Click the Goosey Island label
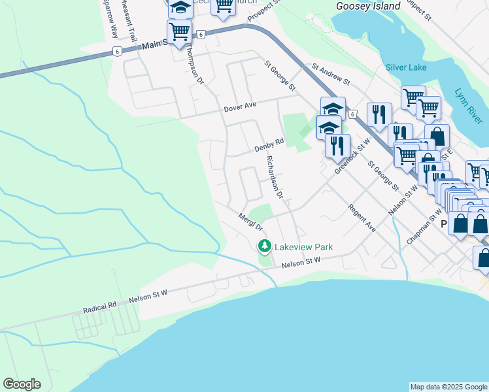click(x=367, y=6)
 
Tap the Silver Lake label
click(x=406, y=67)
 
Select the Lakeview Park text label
click(x=303, y=247)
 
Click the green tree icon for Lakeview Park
click(x=264, y=246)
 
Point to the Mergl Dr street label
click(x=250, y=222)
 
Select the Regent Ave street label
click(x=362, y=219)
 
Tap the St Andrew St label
click(x=331, y=74)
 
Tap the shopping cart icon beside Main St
click(x=179, y=31)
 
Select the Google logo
click(x=22, y=384)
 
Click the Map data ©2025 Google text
click(x=448, y=387)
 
